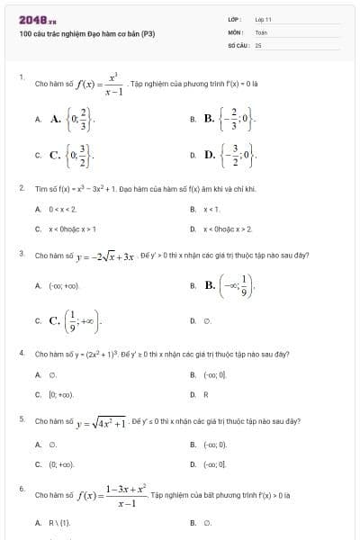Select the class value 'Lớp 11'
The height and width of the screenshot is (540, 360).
tap(263, 19)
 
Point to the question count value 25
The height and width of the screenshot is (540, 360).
tap(257, 44)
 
